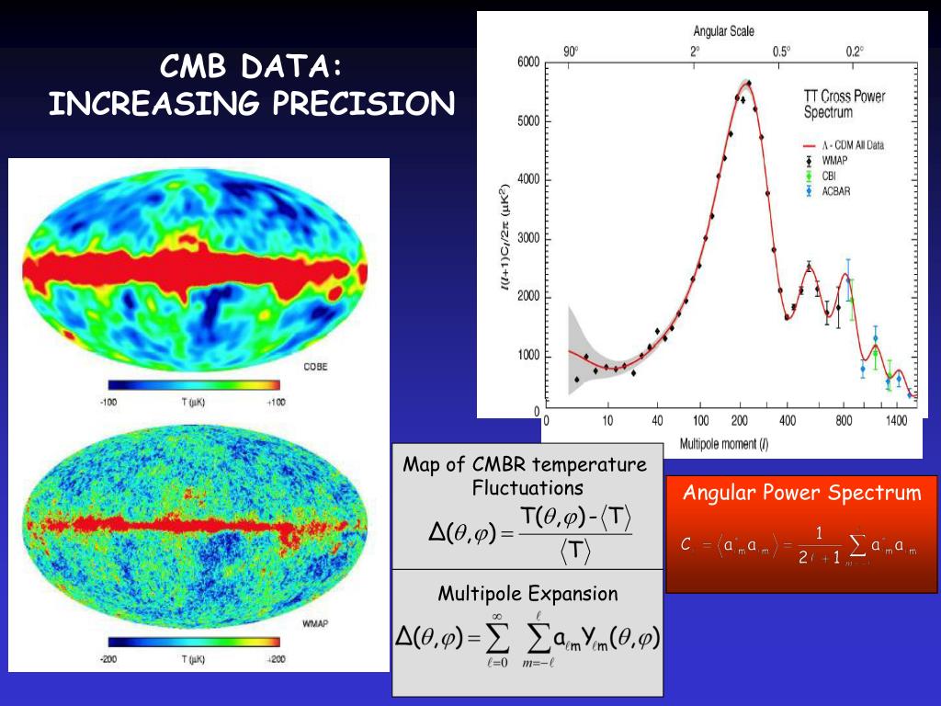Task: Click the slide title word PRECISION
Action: tap(368, 103)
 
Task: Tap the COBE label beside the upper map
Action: tap(315, 367)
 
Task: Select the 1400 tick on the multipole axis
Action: tap(895, 421)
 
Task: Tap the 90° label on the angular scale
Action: tap(572, 51)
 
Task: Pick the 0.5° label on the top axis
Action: tap(780, 51)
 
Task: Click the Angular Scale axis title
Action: tap(723, 31)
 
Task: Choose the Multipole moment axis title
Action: tap(724, 443)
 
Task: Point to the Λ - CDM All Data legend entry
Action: tap(854, 145)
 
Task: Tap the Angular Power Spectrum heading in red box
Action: tap(801, 494)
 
